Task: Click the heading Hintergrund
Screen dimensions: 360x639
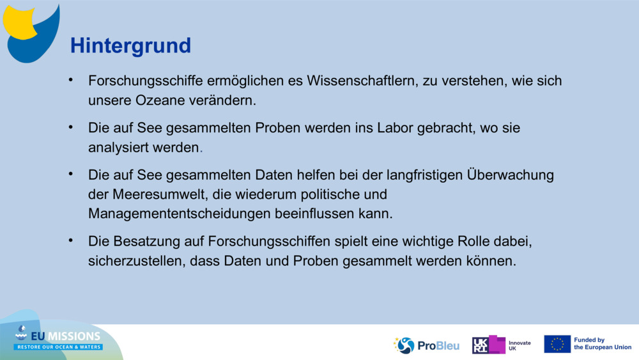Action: coord(130,45)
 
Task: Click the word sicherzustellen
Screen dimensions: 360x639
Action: coord(136,261)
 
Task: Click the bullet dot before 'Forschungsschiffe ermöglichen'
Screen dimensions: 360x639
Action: coord(72,81)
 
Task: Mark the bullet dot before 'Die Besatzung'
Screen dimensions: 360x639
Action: coord(72,240)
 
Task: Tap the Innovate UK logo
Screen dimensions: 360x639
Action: coord(502,345)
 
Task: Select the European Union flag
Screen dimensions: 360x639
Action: coord(557,344)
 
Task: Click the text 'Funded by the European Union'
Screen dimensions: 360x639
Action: coord(602,344)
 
